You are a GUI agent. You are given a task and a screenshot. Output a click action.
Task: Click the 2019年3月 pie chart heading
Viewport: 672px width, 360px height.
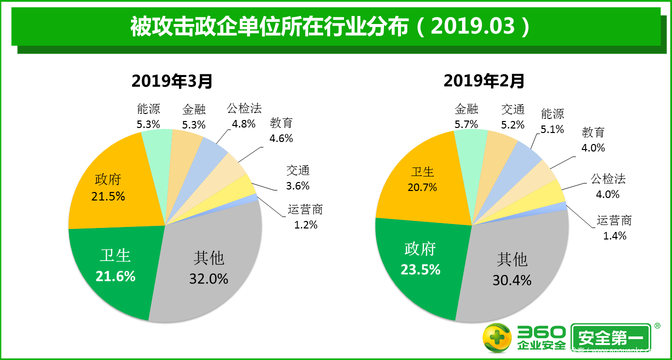[x=172, y=80]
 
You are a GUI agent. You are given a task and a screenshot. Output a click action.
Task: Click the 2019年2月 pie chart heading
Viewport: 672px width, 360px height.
[x=483, y=80]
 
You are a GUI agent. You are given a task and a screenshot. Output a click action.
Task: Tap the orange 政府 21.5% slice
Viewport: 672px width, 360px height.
[x=110, y=187]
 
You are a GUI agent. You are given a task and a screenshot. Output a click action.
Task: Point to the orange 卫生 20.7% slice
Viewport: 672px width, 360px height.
[x=422, y=180]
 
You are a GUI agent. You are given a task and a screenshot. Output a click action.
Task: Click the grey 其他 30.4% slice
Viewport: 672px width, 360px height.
[x=512, y=270]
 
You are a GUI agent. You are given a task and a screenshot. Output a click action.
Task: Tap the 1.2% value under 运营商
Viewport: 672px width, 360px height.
[x=305, y=225]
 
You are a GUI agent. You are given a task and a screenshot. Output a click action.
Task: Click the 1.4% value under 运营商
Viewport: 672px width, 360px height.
[x=614, y=236]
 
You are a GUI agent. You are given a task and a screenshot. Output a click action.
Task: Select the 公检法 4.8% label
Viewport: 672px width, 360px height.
[x=244, y=116]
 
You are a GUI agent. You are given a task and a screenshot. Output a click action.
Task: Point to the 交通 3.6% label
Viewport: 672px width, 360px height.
[x=298, y=178]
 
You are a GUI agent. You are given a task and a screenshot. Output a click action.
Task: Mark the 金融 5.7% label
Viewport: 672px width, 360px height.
[x=466, y=116]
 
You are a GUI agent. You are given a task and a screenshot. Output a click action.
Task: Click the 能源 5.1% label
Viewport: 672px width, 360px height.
[x=552, y=121]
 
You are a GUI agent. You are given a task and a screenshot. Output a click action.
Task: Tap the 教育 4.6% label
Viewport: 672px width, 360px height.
[x=281, y=130]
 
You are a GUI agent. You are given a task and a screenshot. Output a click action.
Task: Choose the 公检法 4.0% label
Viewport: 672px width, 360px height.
[x=608, y=186]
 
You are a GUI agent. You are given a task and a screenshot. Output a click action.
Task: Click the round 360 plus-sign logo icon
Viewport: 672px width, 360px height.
[x=497, y=338]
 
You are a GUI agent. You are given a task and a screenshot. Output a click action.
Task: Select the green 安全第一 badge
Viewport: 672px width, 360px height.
[x=610, y=338]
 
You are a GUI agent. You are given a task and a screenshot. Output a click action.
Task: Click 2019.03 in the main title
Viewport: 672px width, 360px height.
[x=472, y=26]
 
